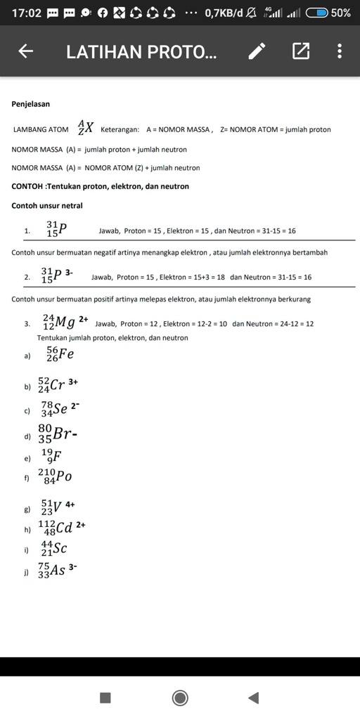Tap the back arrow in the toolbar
point(26,51)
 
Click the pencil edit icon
point(258,51)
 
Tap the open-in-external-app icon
point(300,51)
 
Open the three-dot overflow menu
point(340,51)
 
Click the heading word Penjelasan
point(31,104)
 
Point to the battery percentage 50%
point(341,13)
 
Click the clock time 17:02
point(27,13)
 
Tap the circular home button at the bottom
point(180,697)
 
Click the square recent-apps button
point(105,697)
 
